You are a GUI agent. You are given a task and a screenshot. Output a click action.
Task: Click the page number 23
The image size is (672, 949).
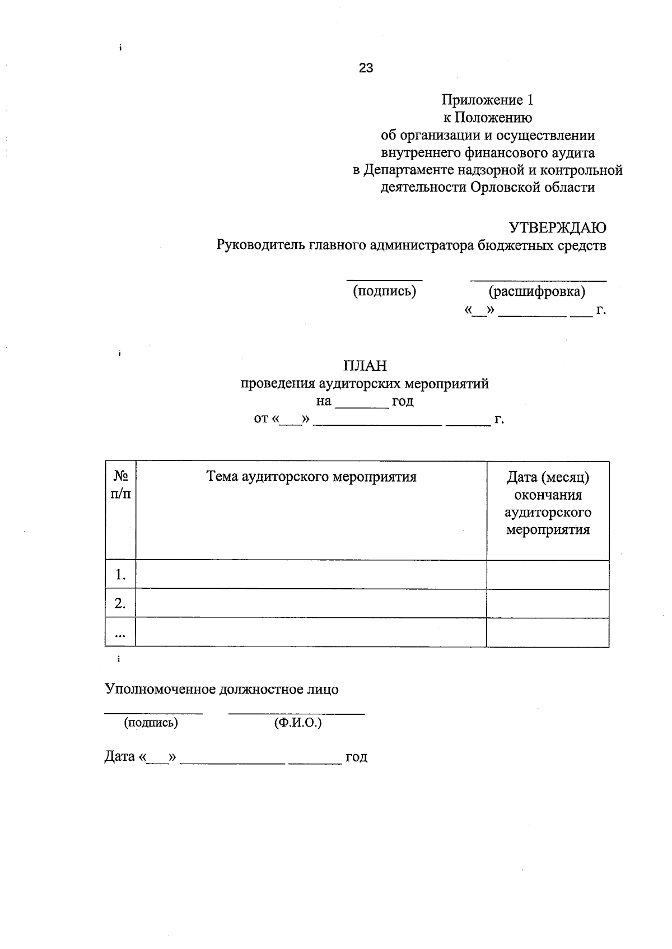366,68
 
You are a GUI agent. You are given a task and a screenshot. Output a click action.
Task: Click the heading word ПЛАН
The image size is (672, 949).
365,366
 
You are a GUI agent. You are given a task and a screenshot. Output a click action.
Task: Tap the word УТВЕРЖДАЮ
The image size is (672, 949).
557,228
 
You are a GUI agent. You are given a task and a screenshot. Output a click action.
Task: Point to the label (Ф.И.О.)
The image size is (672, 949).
298,723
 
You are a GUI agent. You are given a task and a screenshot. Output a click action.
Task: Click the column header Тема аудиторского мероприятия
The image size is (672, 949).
311,477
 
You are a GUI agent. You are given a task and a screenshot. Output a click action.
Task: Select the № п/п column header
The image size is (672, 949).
121,486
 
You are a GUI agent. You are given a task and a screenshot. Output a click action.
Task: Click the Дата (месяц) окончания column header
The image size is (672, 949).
548,503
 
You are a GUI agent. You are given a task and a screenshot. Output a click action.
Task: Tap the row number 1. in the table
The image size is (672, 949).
120,574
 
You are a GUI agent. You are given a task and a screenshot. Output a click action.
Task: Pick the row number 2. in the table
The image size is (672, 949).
120,603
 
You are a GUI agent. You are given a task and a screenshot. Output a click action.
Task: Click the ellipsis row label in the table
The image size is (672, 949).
120,634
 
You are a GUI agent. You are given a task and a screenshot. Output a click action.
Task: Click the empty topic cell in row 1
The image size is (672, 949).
311,574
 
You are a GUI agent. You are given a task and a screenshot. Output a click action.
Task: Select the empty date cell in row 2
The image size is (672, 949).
548,603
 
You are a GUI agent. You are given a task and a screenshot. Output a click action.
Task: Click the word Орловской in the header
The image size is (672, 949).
506,188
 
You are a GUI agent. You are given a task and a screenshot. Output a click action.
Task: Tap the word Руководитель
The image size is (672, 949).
261,245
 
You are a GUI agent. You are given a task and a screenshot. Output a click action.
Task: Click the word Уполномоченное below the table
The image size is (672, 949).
160,690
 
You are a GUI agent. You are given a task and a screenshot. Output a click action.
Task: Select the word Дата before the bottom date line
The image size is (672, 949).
120,757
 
